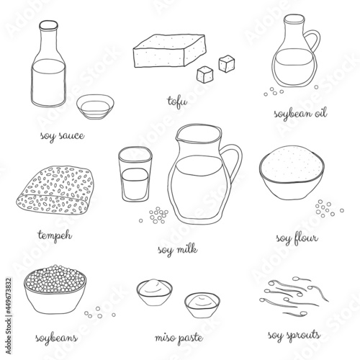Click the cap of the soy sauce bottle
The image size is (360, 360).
[49, 25]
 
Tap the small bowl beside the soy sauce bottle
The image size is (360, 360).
[95, 107]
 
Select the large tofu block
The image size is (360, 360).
[170, 50]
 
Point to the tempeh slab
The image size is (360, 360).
[55, 190]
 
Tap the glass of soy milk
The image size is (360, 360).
[135, 174]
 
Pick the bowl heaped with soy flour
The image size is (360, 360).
[292, 172]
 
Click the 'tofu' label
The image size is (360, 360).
[177, 102]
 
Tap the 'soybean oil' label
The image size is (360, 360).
[300, 114]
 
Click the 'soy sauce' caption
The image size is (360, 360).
[63, 136]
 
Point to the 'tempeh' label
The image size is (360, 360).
[55, 235]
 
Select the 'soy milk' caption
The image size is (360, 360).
[178, 250]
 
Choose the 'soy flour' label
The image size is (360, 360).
[297, 239]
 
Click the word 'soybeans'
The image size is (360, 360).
[57, 338]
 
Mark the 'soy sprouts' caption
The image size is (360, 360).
[294, 336]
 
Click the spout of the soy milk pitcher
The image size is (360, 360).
[178, 138]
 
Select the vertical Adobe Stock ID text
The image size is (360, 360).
[9, 316]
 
